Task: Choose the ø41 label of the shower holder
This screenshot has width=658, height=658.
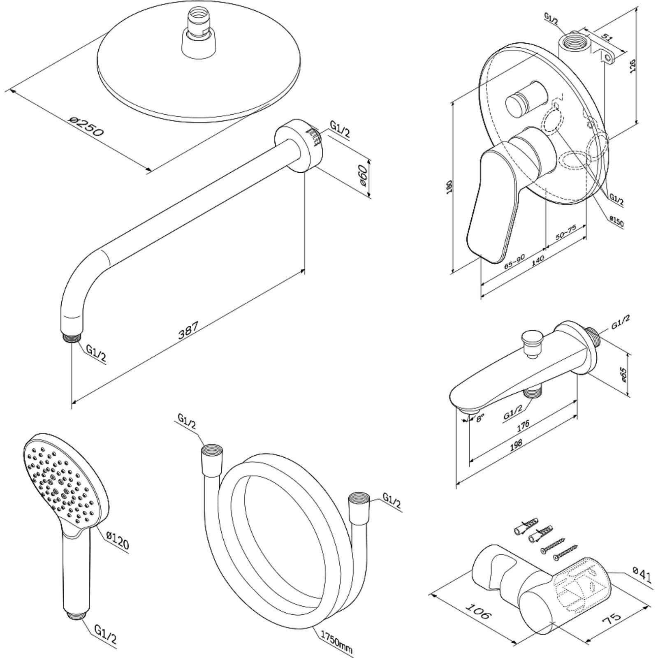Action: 642,575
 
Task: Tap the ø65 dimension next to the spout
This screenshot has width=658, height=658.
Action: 623,375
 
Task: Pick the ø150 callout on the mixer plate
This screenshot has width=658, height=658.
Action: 616,222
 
